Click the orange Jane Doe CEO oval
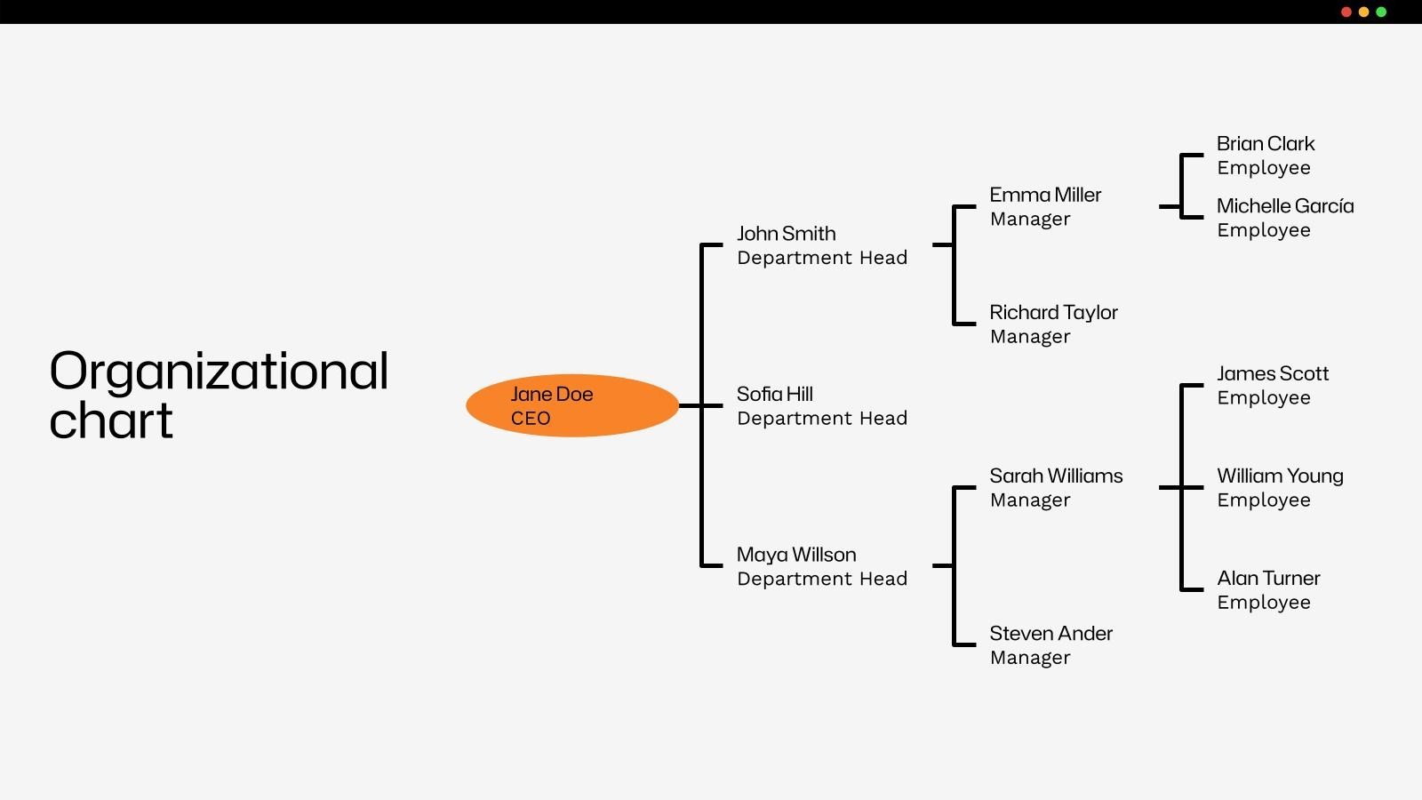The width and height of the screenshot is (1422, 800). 571,405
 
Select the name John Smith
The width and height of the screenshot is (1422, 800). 786,234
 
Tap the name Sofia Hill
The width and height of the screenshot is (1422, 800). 774,394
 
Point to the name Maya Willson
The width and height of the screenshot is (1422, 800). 796,555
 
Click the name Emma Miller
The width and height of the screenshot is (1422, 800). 1045,195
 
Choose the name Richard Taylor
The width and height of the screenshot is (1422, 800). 1053,313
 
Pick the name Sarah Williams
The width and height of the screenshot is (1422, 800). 1056,476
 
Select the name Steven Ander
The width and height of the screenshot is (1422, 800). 1051,634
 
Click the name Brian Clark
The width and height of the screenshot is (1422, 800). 1266,144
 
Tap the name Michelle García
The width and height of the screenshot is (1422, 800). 1285,206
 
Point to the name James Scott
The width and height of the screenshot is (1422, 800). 1273,374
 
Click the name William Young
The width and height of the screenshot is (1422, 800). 1280,476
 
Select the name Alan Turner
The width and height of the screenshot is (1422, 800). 1268,579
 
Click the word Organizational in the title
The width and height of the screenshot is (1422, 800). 219,372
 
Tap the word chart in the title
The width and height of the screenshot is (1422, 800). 111,421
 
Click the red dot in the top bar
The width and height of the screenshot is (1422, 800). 1346,12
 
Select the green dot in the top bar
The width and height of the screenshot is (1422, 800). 1381,12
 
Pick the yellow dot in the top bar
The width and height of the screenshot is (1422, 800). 1364,12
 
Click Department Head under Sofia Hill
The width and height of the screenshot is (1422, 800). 822,419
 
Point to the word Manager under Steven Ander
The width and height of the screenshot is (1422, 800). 1030,658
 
